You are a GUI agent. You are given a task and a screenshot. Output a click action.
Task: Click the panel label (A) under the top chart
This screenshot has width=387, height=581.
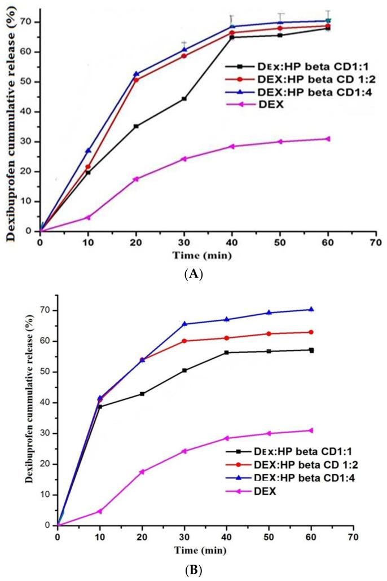[x=194, y=275]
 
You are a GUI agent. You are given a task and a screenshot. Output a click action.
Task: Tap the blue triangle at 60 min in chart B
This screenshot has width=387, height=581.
[x=311, y=309]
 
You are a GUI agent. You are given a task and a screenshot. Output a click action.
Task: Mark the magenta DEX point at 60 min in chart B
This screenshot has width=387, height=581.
[x=311, y=430]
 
